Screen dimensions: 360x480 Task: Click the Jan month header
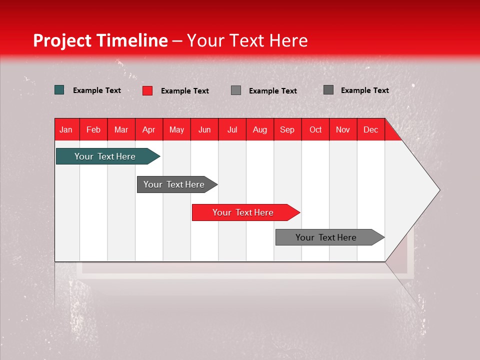(66, 129)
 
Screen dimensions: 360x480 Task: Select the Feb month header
(93, 129)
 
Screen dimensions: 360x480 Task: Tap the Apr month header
(148, 129)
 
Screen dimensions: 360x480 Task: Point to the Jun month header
(204, 129)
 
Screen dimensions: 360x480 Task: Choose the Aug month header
(259, 129)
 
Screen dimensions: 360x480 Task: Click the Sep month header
(287, 129)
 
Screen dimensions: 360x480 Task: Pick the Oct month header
(315, 129)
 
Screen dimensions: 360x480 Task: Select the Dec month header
(370, 129)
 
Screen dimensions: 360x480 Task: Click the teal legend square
(59, 90)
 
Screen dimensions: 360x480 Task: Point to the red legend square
(147, 90)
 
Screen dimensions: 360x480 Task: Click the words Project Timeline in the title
(100, 40)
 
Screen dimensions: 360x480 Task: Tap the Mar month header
(121, 129)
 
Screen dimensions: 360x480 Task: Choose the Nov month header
(342, 129)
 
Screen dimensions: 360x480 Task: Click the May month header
(176, 129)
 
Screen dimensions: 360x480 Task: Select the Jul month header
(232, 129)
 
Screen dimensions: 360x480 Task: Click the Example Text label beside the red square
(184, 91)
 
